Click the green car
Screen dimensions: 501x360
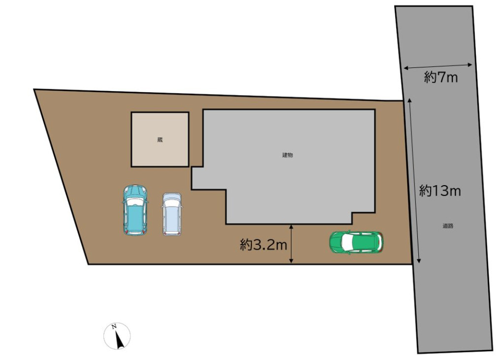click(357, 242)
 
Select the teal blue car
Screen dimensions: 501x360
click(135, 210)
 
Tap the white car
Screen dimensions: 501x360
click(172, 214)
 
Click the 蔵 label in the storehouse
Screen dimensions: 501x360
click(160, 140)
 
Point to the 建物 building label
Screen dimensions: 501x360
click(287, 155)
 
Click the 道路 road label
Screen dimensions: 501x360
click(448, 226)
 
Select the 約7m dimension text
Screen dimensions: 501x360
click(441, 77)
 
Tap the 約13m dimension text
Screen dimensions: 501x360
click(440, 191)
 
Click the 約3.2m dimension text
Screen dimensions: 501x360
click(264, 245)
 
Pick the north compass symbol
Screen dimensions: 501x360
click(117, 336)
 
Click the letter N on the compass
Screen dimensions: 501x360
click(113, 327)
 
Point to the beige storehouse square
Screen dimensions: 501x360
click(160, 139)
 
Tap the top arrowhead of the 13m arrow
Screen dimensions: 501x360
click(409, 100)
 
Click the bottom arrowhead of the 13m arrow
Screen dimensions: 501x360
click(419, 261)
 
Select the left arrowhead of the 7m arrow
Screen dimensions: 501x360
click(406, 67)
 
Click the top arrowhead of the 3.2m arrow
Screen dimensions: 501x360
click(291, 227)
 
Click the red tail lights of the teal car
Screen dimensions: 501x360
click(135, 231)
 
